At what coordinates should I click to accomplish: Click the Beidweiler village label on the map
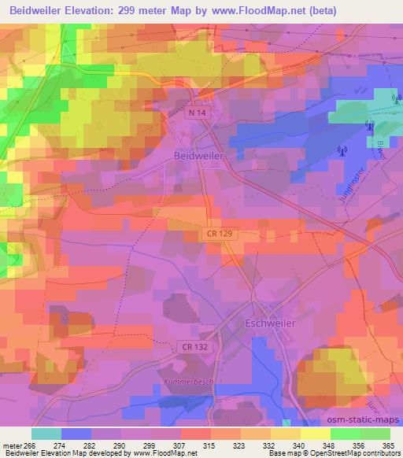pyautogui.click(x=198, y=156)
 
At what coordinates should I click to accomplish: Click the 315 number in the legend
pyautogui.click(x=209, y=446)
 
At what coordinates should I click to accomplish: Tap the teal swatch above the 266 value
pyautogui.click(x=46, y=434)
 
